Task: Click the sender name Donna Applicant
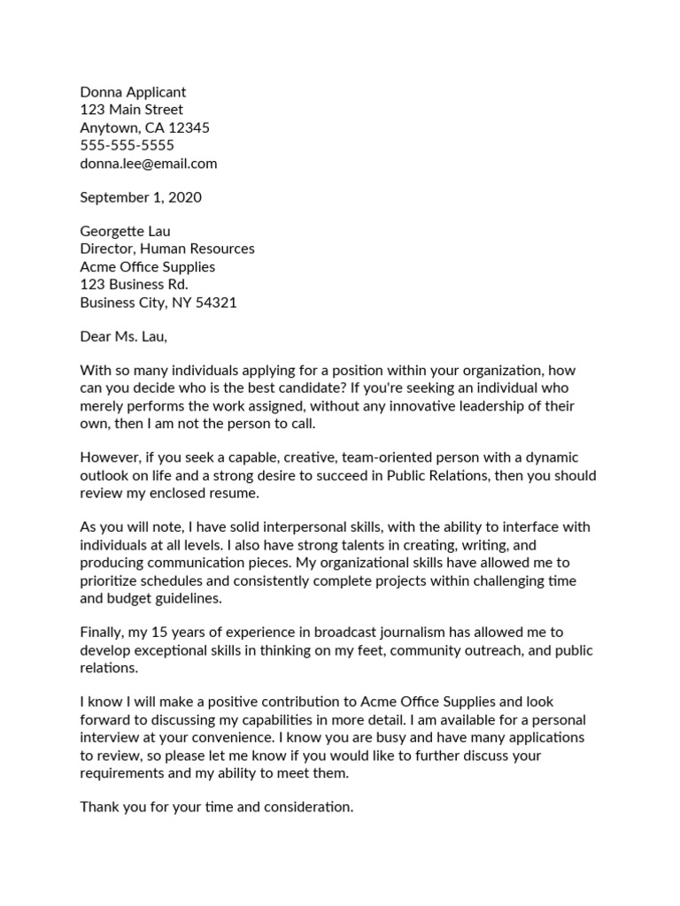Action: (133, 92)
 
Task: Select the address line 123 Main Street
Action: (131, 110)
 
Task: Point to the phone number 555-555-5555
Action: (127, 145)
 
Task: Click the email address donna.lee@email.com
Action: (148, 164)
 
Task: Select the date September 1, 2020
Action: (141, 197)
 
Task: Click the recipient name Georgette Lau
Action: (125, 232)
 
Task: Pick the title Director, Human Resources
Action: (167, 250)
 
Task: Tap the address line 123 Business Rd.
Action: (134, 285)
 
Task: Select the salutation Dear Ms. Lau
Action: (123, 337)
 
